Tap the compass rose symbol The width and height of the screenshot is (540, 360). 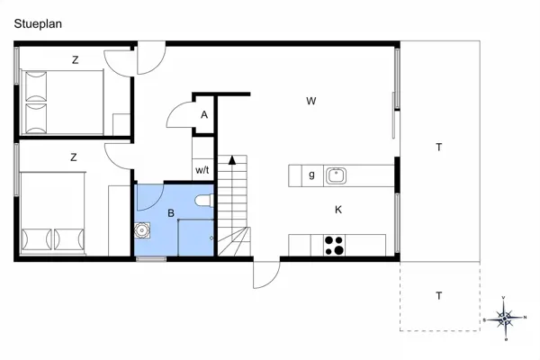(505, 318)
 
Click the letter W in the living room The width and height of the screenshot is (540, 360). (310, 101)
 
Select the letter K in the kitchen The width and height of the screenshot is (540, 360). (338, 210)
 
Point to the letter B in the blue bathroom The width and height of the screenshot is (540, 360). (170, 214)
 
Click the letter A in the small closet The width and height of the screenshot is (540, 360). (204, 114)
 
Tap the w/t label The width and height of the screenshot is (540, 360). (202, 169)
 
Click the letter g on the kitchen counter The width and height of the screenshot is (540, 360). (311, 175)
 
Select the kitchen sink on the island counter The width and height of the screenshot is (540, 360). (337, 175)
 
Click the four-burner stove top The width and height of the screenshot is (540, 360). (334, 244)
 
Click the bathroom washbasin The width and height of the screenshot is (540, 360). (142, 230)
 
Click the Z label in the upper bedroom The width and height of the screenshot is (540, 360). (75, 60)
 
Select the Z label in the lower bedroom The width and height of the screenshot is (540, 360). (73, 157)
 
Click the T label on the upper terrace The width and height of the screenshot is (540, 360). (438, 147)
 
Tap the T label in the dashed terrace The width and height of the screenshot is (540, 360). (438, 295)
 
